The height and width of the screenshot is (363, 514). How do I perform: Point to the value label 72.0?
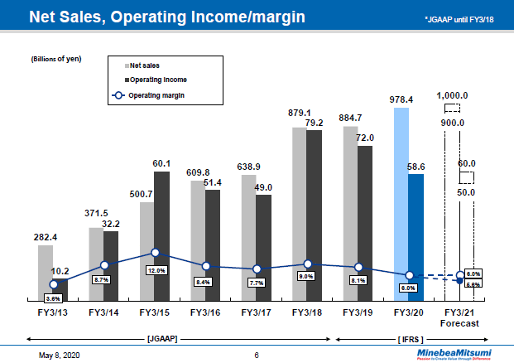(x=365, y=137)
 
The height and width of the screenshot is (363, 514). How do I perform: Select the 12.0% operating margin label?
(x=156, y=270)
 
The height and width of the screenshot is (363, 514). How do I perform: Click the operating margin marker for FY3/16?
(x=206, y=266)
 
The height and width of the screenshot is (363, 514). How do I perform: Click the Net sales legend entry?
(x=144, y=64)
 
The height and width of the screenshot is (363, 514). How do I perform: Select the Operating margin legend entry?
(x=149, y=95)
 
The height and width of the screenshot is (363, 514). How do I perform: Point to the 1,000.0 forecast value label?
(x=453, y=95)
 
